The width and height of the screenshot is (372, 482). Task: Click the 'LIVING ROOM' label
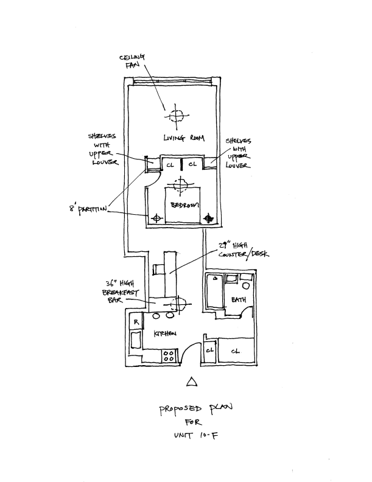tap(184, 138)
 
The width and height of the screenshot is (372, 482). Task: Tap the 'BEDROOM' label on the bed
tap(184, 205)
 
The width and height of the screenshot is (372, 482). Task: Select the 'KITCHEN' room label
tap(165, 334)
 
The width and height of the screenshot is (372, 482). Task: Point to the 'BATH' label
tap(239, 299)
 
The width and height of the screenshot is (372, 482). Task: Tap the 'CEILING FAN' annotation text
tap(132, 61)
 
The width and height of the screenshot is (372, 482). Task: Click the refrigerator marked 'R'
tap(136, 322)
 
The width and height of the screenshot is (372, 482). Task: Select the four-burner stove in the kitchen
tap(169, 356)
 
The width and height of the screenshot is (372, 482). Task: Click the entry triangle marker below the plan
tap(192, 382)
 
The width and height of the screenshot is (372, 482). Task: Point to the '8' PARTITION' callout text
tap(88, 210)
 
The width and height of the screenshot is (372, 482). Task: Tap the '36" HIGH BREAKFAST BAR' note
tap(120, 292)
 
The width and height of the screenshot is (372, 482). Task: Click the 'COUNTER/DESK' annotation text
tap(244, 254)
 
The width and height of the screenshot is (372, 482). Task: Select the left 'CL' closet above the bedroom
tap(170, 165)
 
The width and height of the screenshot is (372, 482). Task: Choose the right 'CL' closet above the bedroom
tap(193, 164)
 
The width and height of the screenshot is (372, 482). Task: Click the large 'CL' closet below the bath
tap(236, 351)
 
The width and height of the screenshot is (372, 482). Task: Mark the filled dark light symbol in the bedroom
tap(209, 218)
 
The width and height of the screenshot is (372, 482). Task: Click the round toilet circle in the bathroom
tap(245, 285)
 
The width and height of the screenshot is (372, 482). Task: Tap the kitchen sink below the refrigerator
tap(136, 340)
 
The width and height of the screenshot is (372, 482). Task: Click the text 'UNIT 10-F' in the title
tap(196, 435)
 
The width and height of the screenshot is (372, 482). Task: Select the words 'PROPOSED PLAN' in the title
tap(195, 409)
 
